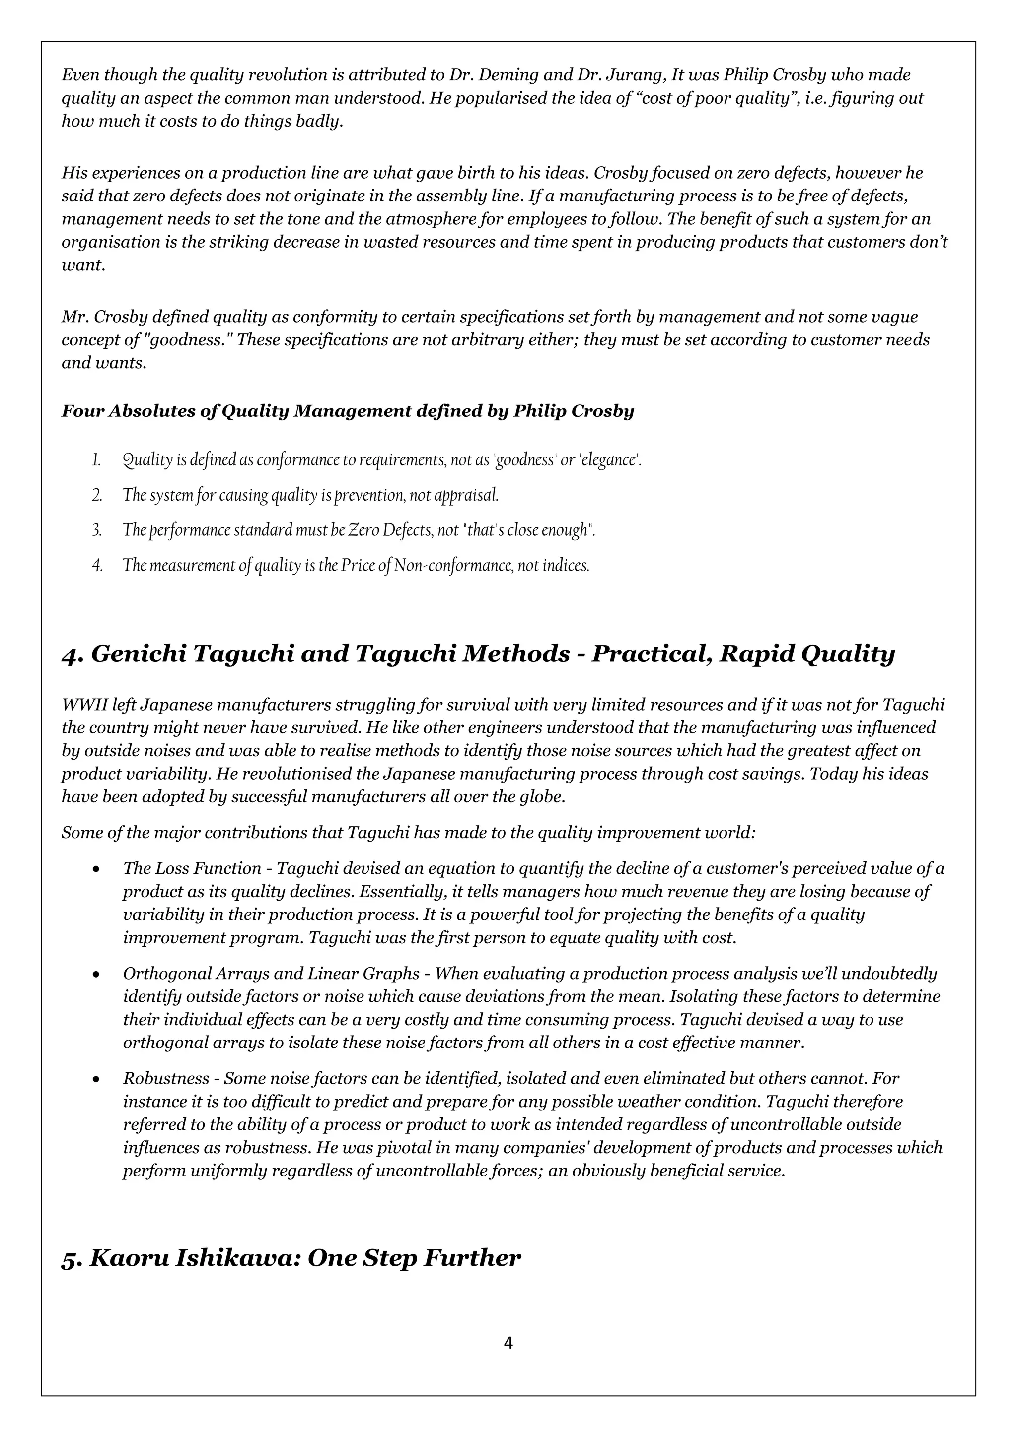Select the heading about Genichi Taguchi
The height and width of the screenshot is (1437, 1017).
[478, 654]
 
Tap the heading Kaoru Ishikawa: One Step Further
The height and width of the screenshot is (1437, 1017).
[291, 1258]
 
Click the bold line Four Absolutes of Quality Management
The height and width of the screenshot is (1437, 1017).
[348, 411]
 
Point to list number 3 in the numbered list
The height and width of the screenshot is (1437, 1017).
[96, 531]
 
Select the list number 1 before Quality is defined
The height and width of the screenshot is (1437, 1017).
[96, 460]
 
